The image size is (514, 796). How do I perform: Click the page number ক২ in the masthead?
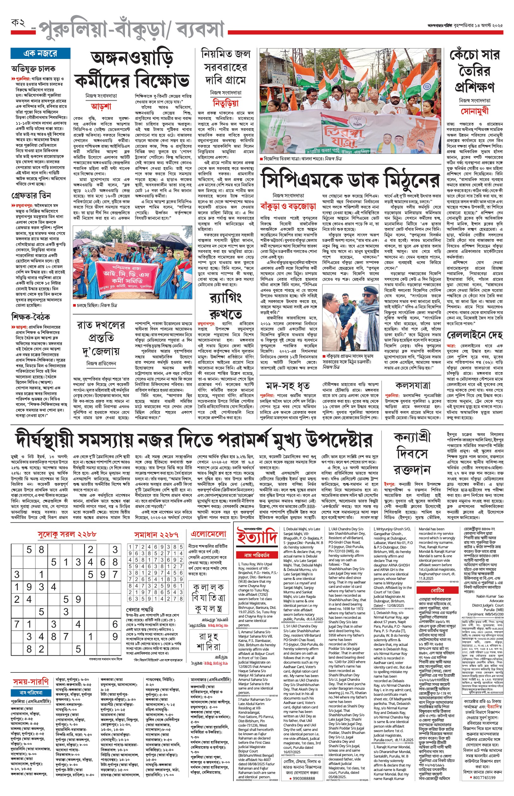pos(18,23)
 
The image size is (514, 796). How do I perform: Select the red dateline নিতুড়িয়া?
pos(226,103)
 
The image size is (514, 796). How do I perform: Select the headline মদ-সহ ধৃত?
pos(288,387)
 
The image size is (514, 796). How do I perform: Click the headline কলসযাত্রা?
pos(412,385)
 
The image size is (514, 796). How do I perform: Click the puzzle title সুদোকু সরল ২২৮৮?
pos(67,534)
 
